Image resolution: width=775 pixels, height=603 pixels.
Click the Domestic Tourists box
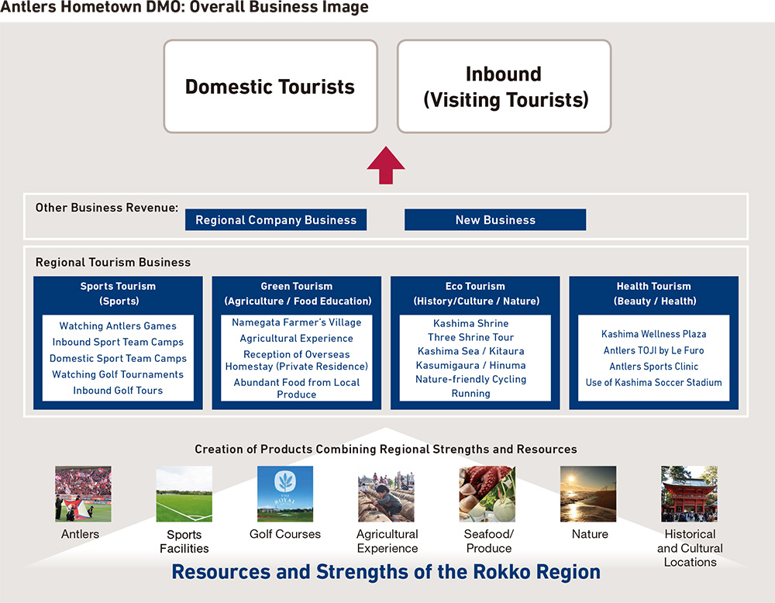[x=270, y=87]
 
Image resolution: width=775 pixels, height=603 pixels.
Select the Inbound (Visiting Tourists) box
[x=505, y=87]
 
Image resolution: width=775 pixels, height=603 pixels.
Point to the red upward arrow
[x=386, y=166]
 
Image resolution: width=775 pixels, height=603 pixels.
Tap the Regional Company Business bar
[x=276, y=220]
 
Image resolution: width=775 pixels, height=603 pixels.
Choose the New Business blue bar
[x=495, y=220]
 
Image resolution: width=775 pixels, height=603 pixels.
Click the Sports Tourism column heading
[x=118, y=294]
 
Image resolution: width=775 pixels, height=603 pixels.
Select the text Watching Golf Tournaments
[x=118, y=374]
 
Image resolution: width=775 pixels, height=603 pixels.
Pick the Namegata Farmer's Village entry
[x=297, y=322]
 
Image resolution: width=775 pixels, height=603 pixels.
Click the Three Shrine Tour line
[x=470, y=337]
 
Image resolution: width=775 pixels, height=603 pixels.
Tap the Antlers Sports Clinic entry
[x=653, y=367]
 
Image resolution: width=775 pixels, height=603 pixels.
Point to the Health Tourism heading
[x=654, y=294]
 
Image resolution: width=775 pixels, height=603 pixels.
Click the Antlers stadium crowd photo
[x=83, y=494]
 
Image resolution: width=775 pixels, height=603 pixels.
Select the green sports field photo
[x=184, y=494]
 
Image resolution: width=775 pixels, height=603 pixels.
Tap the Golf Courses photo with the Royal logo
[x=285, y=494]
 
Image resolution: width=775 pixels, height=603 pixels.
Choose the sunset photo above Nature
[x=588, y=494]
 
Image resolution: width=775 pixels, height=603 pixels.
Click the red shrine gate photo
[x=689, y=494]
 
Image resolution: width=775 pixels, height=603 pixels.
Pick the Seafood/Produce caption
[x=489, y=541]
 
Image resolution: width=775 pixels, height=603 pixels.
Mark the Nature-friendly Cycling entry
[x=470, y=379]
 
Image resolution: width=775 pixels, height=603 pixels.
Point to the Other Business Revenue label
[x=107, y=208]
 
